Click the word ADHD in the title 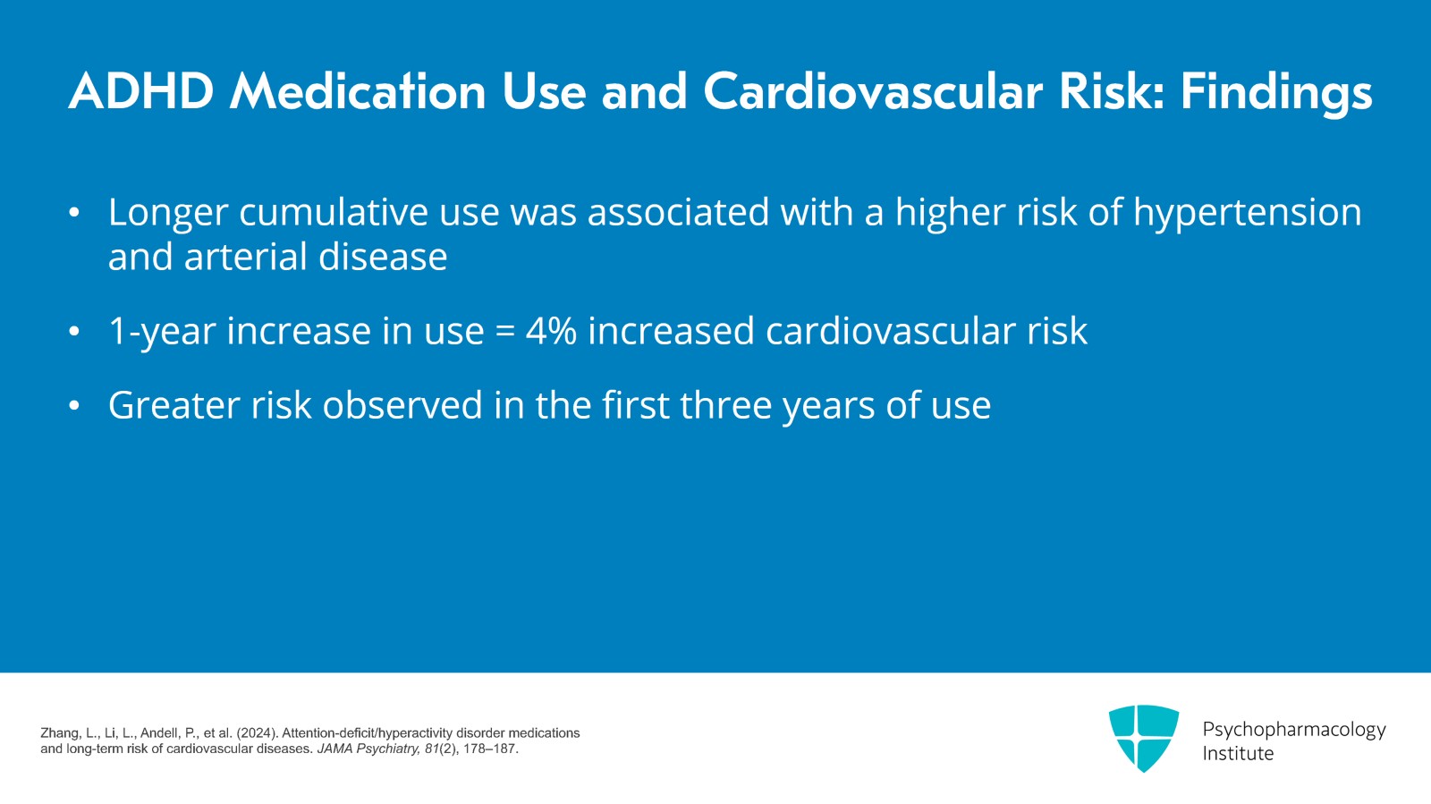pos(141,92)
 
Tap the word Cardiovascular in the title pos(873,92)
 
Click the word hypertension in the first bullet pos(1247,214)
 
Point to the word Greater pos(174,406)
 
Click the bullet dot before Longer pos(74,214)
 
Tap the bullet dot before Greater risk pos(74,407)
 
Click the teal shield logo pos(1143,737)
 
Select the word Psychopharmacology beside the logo pos(1293,730)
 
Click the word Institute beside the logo pos(1238,754)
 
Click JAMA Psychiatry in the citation pos(368,749)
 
